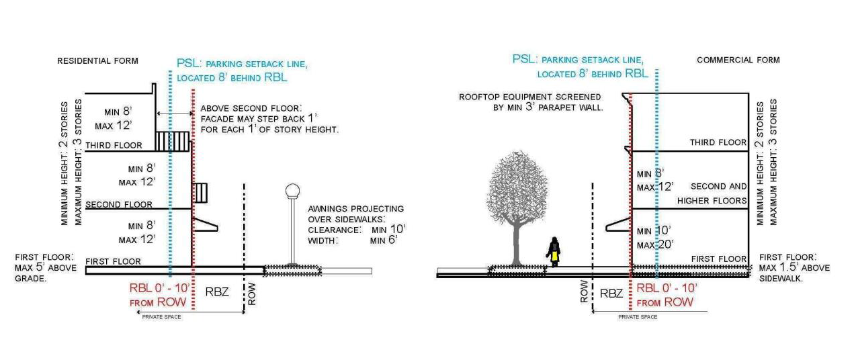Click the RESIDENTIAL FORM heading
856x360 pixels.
(97, 61)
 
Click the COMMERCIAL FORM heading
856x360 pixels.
(738, 60)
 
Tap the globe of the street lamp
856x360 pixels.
(292, 192)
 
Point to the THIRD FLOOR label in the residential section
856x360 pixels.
(114, 145)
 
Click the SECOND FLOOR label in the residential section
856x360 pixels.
(119, 204)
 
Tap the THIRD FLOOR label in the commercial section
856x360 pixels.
(718, 143)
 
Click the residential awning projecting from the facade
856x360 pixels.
(205, 226)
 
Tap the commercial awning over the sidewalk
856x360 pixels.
(618, 226)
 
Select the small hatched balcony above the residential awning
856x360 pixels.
(200, 192)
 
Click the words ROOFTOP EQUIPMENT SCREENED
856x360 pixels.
(529, 97)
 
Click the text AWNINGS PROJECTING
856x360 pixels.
(355, 209)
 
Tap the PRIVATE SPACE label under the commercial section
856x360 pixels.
(638, 316)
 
